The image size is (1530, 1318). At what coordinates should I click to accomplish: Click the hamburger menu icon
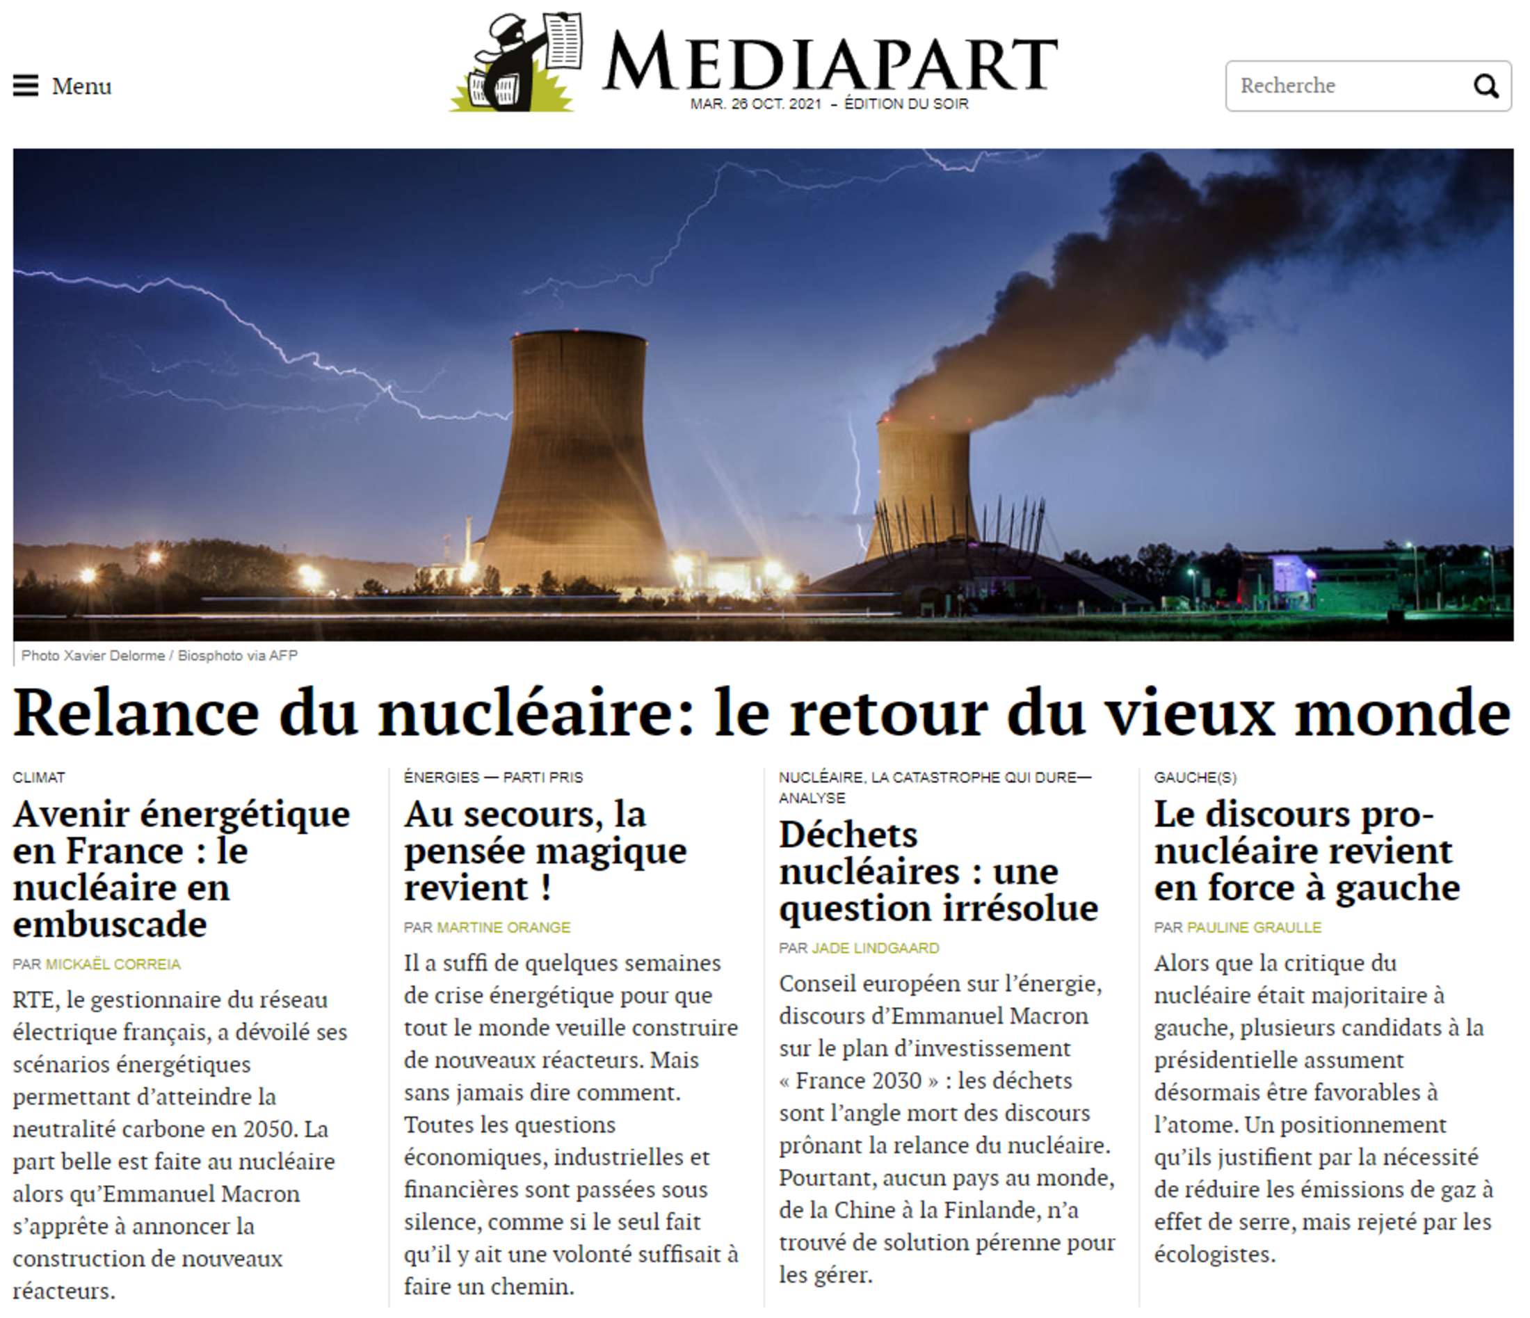[26, 86]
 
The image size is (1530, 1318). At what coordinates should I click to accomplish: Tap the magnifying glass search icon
[1485, 86]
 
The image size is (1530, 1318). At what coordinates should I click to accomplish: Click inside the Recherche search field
[1344, 86]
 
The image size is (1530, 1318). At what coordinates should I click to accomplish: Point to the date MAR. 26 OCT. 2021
[755, 104]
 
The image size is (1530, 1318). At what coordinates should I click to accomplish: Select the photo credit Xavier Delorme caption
[159, 656]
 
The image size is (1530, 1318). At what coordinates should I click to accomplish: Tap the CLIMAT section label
[39, 778]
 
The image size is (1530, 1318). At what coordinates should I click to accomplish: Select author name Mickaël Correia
[113, 964]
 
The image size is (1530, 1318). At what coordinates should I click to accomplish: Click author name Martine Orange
[504, 927]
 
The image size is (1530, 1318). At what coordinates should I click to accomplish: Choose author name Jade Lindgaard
[875, 948]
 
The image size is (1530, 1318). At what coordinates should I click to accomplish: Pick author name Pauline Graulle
[1254, 927]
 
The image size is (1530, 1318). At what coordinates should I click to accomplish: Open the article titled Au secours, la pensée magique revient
[545, 851]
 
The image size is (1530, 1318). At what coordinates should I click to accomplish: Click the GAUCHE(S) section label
[1195, 778]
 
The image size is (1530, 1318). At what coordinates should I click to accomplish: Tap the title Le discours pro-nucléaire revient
[1305, 851]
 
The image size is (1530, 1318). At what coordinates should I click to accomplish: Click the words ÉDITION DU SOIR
[906, 104]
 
